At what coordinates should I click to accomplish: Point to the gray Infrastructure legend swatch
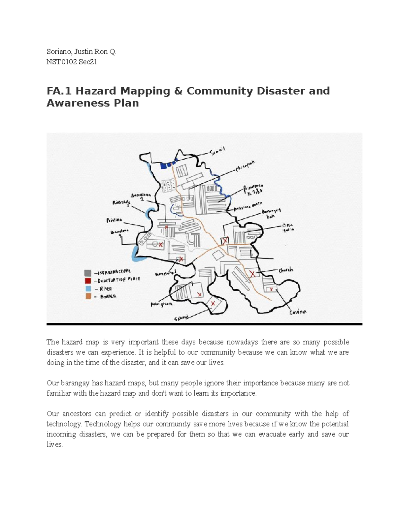coord(87,273)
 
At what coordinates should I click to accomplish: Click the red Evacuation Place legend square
coord(87,281)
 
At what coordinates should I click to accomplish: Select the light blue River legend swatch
coord(87,288)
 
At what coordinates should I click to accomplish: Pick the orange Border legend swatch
coord(87,296)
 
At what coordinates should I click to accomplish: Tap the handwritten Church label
coord(285,270)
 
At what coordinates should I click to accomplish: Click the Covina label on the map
coord(298,312)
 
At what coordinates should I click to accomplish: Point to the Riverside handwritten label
coord(121,202)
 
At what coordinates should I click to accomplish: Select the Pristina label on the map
coord(114,220)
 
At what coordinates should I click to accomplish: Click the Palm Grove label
coord(162,305)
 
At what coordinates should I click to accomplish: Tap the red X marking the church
coord(252,274)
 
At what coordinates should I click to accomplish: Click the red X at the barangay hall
coord(225,241)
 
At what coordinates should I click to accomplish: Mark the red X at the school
coord(213,303)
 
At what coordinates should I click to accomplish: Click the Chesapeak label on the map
coord(245,166)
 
